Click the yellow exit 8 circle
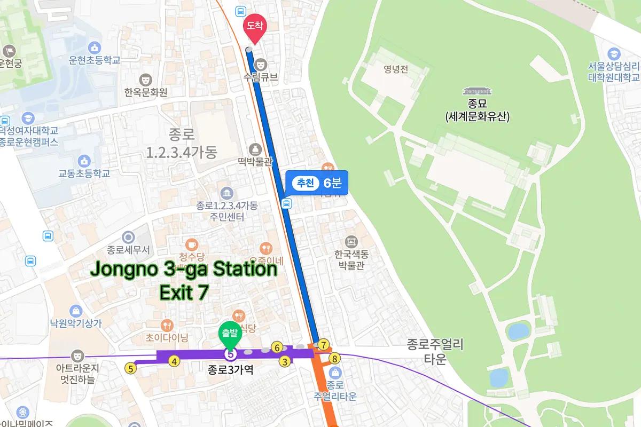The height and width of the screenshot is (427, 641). (335, 358)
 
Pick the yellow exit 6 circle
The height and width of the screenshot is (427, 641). (276, 347)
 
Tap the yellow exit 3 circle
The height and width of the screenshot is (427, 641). (285, 362)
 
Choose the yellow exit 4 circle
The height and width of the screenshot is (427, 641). (174, 361)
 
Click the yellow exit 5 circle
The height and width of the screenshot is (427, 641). (130, 367)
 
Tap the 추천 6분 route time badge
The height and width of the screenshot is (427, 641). (317, 184)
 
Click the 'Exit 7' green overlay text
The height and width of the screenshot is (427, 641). (184, 292)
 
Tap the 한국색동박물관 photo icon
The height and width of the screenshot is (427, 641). (351, 241)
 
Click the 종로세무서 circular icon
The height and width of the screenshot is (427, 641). (128, 236)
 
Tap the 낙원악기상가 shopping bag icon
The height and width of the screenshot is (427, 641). (75, 311)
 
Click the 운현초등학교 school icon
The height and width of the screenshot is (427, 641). (96, 48)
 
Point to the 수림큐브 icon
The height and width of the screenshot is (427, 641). (260, 63)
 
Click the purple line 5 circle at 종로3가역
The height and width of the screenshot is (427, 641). (230, 353)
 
